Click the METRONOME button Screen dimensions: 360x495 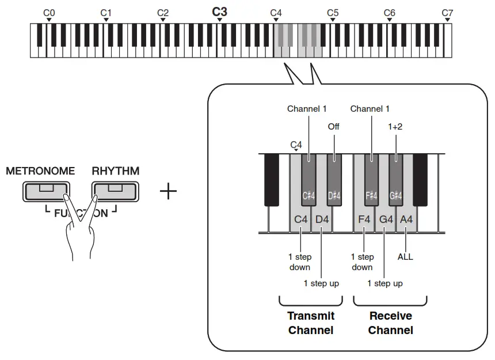point(45,191)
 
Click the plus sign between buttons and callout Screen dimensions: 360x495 point(168,191)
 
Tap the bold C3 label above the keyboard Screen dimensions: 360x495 point(219,12)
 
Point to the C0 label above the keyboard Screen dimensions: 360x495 point(49,12)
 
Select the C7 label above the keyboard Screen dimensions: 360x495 point(447,12)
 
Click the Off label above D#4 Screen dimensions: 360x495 point(334,126)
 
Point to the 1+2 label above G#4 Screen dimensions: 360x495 point(395,126)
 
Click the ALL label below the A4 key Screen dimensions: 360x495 point(405,257)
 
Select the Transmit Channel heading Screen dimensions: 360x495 point(311,323)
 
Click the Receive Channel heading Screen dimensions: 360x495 point(390,323)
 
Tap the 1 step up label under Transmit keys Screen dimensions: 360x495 point(321,283)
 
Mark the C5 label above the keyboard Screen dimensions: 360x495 point(333,12)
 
